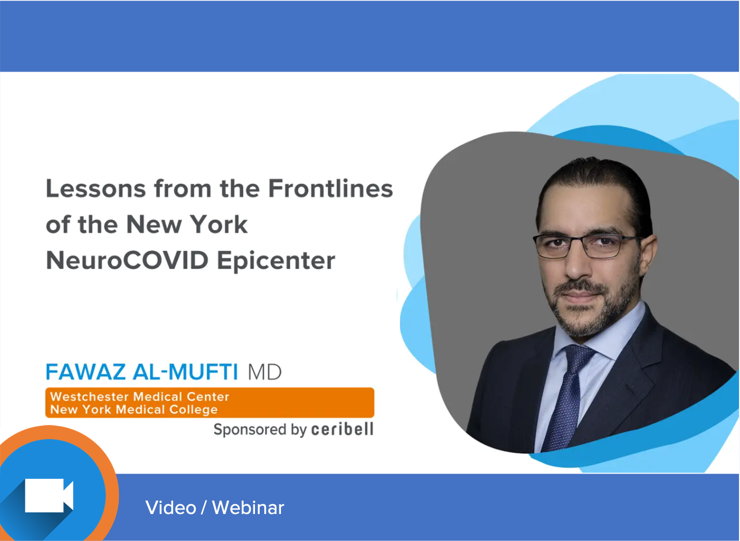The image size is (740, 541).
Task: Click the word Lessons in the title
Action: (96, 189)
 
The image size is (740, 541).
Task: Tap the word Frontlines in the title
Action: (330, 189)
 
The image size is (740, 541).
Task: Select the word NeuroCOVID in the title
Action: (127, 260)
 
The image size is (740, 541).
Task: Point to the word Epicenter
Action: (276, 260)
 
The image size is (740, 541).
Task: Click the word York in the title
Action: (219, 225)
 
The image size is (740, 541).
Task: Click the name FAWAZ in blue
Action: (85, 372)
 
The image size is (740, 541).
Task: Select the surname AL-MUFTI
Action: (185, 372)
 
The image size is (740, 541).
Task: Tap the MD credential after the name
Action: (264, 372)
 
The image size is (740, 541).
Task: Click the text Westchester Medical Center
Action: (140, 397)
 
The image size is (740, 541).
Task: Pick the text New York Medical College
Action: (134, 410)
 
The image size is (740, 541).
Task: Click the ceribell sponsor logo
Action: (342, 429)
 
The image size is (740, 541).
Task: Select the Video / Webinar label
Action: (214, 508)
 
